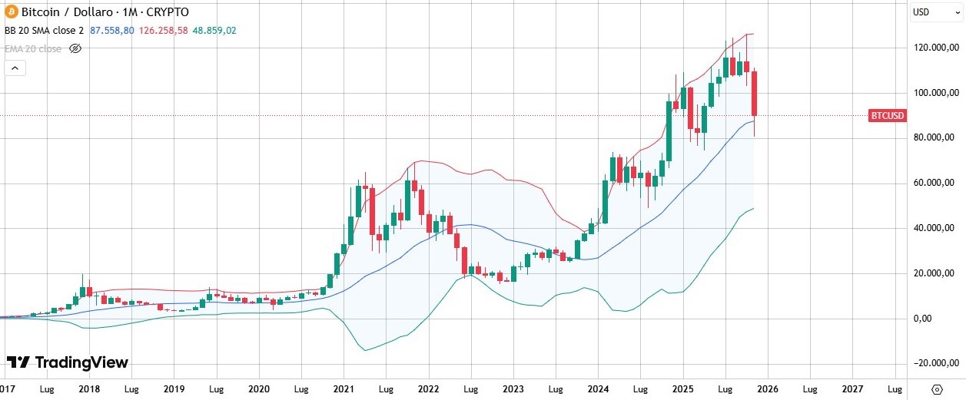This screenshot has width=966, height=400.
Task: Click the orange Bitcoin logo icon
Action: pos(10,12)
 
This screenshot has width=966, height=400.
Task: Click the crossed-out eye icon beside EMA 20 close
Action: pos(75,48)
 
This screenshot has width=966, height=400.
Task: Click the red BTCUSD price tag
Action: pos(888,116)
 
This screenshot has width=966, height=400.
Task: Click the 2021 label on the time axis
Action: pos(344,389)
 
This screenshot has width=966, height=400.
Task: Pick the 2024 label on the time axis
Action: pos(598,389)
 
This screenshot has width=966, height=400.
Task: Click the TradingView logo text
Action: pos(68,362)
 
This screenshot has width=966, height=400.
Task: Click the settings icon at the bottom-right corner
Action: pos(937,388)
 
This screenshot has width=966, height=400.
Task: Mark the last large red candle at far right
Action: pos(755,94)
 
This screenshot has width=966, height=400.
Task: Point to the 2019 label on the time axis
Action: pos(174,389)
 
